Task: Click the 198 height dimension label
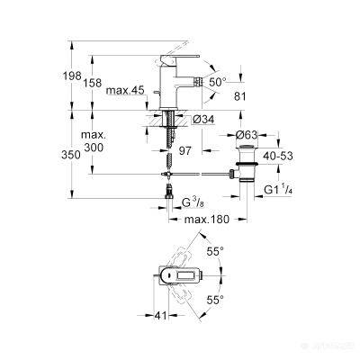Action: pyautogui.click(x=72, y=76)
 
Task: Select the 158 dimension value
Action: pyautogui.click(x=93, y=83)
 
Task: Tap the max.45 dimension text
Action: pyautogui.click(x=125, y=90)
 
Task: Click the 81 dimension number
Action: pyautogui.click(x=240, y=96)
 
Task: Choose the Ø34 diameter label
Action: pyautogui.click(x=203, y=120)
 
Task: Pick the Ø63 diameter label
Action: pyautogui.click(x=247, y=135)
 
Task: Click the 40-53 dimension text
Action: pyautogui.click(x=278, y=156)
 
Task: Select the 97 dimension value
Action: pyautogui.click(x=185, y=151)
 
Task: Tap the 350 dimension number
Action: pyautogui.click(x=71, y=155)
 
